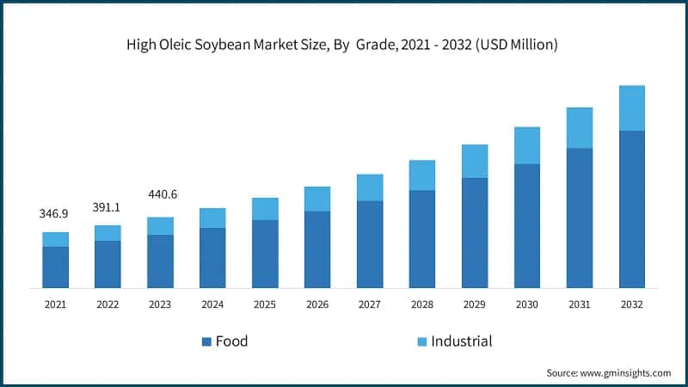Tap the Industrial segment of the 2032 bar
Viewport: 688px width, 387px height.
pos(632,108)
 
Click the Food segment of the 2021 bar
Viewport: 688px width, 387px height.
pos(56,267)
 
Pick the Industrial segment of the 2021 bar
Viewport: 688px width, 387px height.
pos(56,239)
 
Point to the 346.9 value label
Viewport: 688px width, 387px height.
pos(55,212)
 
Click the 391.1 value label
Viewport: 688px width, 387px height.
pos(107,207)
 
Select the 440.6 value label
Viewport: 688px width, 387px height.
pos(160,194)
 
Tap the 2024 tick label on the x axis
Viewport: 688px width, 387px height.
pos(212,304)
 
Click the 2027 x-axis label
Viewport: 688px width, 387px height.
pos(370,304)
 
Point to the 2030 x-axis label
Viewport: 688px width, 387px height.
pos(527,304)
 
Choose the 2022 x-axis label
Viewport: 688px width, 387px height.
pos(107,304)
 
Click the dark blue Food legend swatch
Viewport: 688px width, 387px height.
pos(206,342)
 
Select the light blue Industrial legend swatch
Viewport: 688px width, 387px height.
pos(421,342)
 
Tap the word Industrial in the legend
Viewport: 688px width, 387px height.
pos(462,341)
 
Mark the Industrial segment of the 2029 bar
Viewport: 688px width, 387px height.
pos(475,161)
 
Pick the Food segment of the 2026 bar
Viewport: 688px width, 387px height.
pos(317,249)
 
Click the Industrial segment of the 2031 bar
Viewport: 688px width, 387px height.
pos(580,128)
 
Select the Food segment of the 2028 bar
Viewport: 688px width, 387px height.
pos(422,239)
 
